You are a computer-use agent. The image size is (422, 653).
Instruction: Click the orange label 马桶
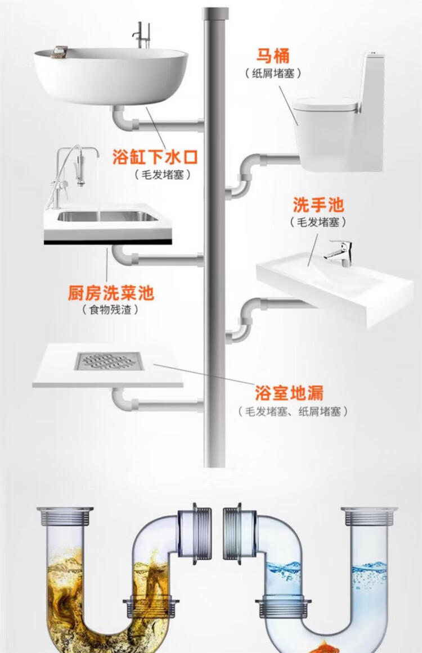click(273, 56)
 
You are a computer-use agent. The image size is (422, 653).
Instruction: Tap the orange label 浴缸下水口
click(155, 157)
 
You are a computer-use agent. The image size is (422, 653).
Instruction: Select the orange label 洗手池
click(318, 205)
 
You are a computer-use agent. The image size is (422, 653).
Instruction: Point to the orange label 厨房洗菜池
click(111, 293)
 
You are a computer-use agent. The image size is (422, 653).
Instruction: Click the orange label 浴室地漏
click(289, 393)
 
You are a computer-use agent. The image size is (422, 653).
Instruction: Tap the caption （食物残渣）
click(110, 310)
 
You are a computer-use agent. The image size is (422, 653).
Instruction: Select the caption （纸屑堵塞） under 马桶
click(273, 73)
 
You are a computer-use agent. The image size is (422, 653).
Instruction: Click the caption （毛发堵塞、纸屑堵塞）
click(293, 412)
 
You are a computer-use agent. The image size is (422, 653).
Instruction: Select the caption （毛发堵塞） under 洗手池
click(318, 222)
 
